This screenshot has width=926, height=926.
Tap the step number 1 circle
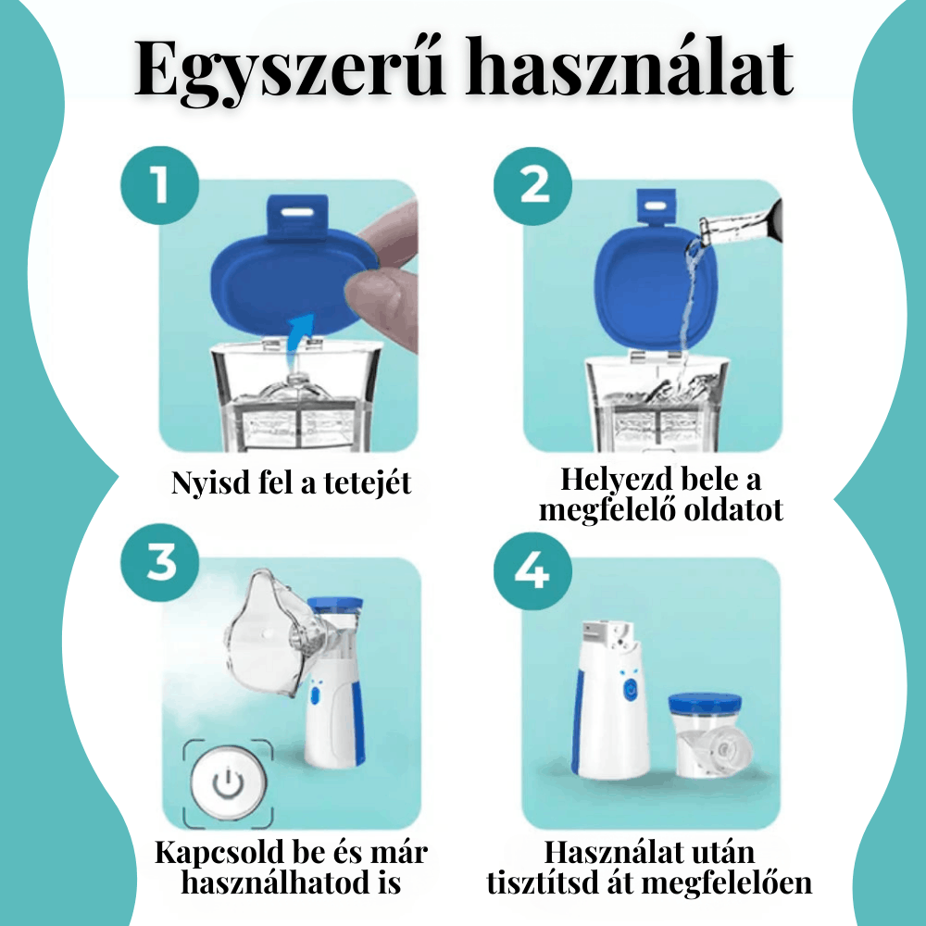point(160,184)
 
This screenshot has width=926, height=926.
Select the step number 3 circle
point(160,561)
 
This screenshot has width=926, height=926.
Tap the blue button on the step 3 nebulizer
point(315,694)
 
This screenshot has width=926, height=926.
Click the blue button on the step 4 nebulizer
point(631,689)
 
